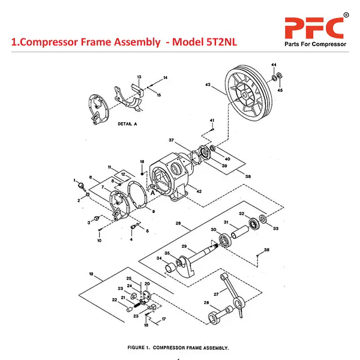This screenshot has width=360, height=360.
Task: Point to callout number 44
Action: (x=273, y=64)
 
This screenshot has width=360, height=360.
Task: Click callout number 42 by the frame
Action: (x=199, y=191)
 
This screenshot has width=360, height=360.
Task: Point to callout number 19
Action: (x=91, y=274)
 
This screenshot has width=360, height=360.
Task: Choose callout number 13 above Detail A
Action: (x=139, y=77)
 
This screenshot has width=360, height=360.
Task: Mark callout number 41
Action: (x=212, y=121)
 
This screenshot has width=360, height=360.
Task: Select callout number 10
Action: (x=99, y=241)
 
